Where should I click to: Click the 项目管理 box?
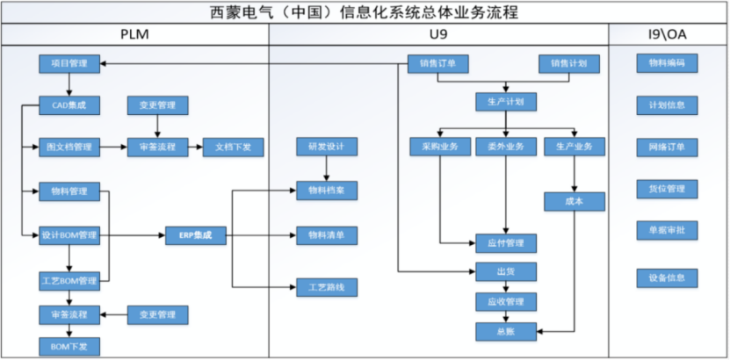(69, 64)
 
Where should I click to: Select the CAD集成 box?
(69, 105)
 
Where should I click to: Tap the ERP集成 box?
(195, 235)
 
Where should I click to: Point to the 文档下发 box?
(233, 148)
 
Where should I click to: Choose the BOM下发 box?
(69, 347)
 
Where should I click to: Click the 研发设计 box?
(327, 147)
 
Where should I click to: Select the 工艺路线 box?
(327, 287)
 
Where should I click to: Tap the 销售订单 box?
(437, 64)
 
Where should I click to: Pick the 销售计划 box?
(568, 64)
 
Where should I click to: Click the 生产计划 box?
(506, 101)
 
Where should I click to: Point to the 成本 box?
(575, 201)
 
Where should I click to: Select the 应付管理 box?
(506, 242)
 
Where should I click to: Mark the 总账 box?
(506, 332)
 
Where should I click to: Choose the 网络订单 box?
(667, 147)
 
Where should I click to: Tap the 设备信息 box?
(667, 279)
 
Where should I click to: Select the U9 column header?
(437, 33)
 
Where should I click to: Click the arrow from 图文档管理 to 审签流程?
(114, 148)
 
